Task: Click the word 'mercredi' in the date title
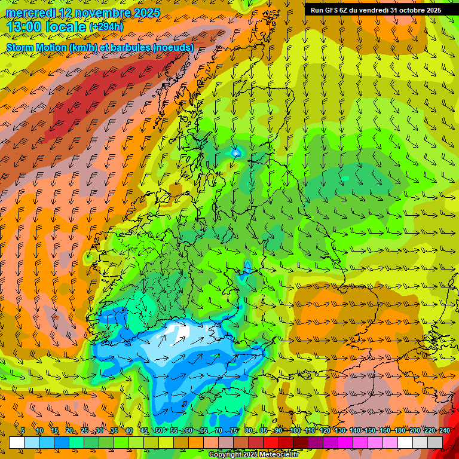(30, 13)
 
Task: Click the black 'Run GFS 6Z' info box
(375, 10)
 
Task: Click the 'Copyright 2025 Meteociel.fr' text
(253, 455)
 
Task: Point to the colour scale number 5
(23, 430)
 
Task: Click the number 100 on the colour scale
(295, 430)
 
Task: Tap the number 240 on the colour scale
(445, 430)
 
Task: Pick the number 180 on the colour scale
(400, 430)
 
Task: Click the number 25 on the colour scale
(84, 430)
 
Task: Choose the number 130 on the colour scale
(340, 430)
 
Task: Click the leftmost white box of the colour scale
(17, 442)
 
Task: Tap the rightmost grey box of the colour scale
(435, 442)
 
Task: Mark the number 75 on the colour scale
(234, 430)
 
